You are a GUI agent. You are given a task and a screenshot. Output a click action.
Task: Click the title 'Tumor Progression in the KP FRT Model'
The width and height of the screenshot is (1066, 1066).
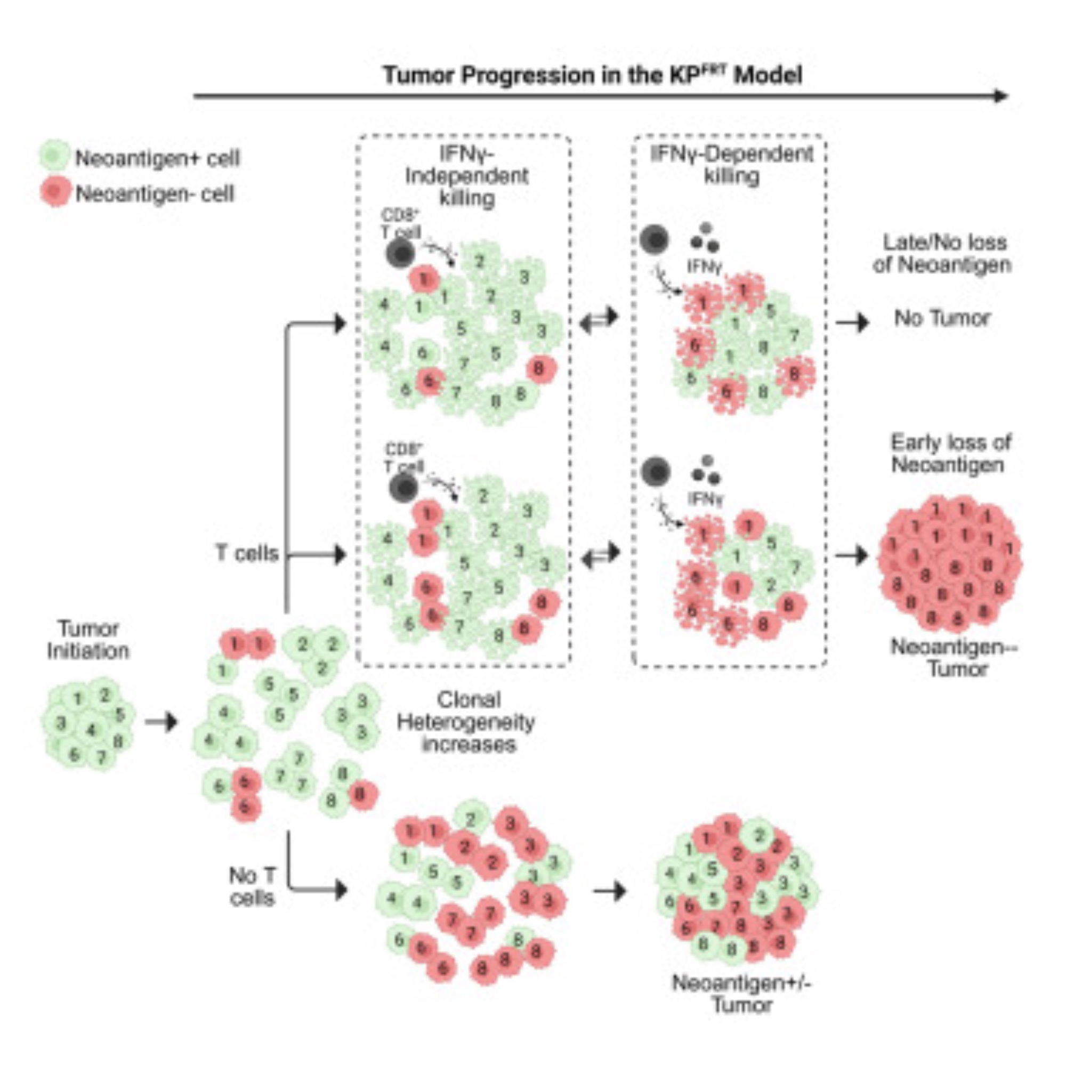592,75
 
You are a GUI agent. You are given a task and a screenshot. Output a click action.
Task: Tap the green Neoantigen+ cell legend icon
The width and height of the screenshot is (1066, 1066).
54,156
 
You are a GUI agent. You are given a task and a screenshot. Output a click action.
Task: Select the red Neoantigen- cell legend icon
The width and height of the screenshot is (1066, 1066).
54,192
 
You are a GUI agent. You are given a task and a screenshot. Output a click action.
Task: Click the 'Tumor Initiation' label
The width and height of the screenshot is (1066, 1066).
88,640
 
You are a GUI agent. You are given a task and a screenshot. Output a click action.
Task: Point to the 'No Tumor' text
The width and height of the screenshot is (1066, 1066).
942,318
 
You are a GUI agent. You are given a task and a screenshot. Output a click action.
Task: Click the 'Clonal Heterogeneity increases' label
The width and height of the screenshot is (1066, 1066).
468,722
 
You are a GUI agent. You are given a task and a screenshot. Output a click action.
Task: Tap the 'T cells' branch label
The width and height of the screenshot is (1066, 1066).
247,553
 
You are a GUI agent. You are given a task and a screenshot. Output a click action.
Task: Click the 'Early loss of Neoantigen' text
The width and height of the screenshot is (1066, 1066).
950,454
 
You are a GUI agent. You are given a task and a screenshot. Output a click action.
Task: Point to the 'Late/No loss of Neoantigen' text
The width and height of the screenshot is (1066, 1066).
942,253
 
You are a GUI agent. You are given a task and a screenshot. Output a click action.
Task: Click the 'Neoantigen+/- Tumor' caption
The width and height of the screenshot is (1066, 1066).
741,993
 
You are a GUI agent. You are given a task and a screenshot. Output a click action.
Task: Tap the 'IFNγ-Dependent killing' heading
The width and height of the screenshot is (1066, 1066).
731,164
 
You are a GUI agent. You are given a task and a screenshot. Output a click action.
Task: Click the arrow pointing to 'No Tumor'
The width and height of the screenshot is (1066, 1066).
852,322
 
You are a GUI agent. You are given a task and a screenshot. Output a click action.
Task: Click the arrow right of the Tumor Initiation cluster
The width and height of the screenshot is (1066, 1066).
161,722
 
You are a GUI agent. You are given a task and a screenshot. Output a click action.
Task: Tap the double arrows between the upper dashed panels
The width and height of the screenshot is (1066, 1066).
599,319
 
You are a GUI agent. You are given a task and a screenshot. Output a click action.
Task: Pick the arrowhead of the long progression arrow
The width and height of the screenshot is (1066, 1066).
1000,96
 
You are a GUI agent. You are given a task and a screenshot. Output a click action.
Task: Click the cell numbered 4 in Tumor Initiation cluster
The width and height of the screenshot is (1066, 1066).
91,730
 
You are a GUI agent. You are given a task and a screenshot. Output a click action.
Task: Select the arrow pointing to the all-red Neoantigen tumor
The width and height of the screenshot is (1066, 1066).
852,554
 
